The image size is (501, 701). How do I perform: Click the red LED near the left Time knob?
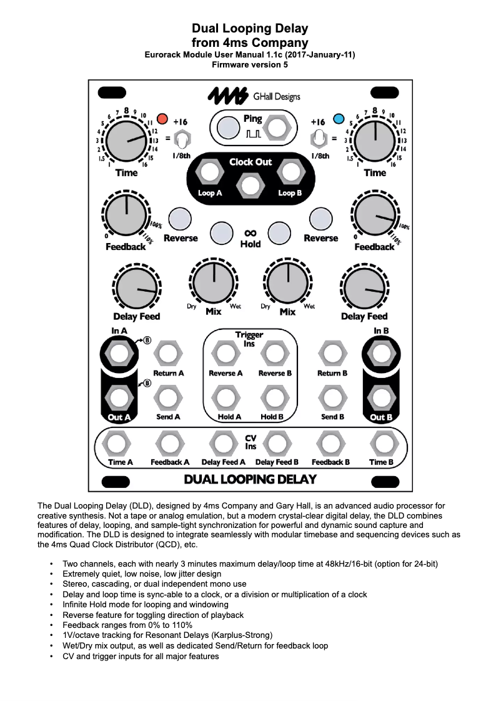[162, 118]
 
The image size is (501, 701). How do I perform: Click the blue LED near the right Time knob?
[339, 118]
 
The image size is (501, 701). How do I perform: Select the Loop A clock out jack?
[210, 171]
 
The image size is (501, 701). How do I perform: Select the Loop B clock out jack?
[289, 171]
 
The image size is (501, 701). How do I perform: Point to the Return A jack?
[168, 354]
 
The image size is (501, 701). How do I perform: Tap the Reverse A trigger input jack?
[225, 354]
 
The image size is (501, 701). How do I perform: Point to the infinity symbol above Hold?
[250, 232]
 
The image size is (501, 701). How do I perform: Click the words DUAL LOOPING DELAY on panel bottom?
[250, 480]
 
